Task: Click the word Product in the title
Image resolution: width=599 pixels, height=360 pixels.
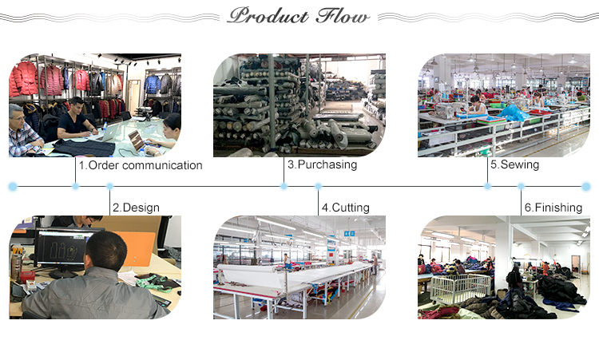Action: pyautogui.click(x=268, y=16)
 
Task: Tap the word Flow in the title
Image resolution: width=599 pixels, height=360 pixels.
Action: pyautogui.click(x=343, y=16)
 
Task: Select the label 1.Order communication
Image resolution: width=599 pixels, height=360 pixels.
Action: pyautogui.click(x=141, y=165)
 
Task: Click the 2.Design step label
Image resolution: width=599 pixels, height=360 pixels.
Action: pyautogui.click(x=136, y=208)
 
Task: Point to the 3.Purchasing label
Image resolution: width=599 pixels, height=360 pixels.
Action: pyautogui.click(x=323, y=164)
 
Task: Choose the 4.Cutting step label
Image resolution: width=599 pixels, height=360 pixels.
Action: pyautogui.click(x=345, y=208)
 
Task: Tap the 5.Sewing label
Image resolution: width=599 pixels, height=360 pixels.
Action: pyautogui.click(x=515, y=164)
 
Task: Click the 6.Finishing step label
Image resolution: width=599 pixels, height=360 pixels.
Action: pyautogui.click(x=553, y=208)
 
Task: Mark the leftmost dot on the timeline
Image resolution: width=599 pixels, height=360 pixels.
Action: pyautogui.click(x=13, y=187)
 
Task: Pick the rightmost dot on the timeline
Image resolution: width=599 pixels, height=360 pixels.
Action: pyautogui.click(x=586, y=187)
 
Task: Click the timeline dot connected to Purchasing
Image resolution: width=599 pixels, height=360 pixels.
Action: pyautogui.click(x=284, y=186)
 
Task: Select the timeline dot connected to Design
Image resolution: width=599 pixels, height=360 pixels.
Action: pyautogui.click(x=109, y=186)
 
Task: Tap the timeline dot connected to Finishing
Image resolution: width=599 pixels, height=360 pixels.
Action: pyautogui.click(x=521, y=186)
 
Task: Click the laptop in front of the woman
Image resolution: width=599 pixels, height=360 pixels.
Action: pyautogui.click(x=138, y=140)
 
